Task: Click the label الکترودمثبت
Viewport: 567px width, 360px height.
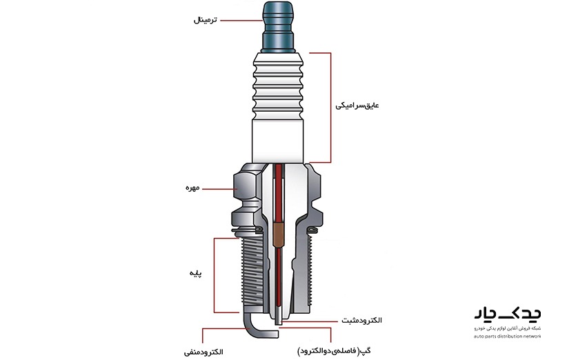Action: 361,321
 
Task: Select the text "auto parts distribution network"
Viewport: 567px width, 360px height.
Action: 508,337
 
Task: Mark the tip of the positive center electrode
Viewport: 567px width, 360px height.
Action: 278,323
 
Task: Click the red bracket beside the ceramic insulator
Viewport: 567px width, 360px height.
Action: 331,106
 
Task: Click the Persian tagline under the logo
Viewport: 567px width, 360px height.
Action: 508,329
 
